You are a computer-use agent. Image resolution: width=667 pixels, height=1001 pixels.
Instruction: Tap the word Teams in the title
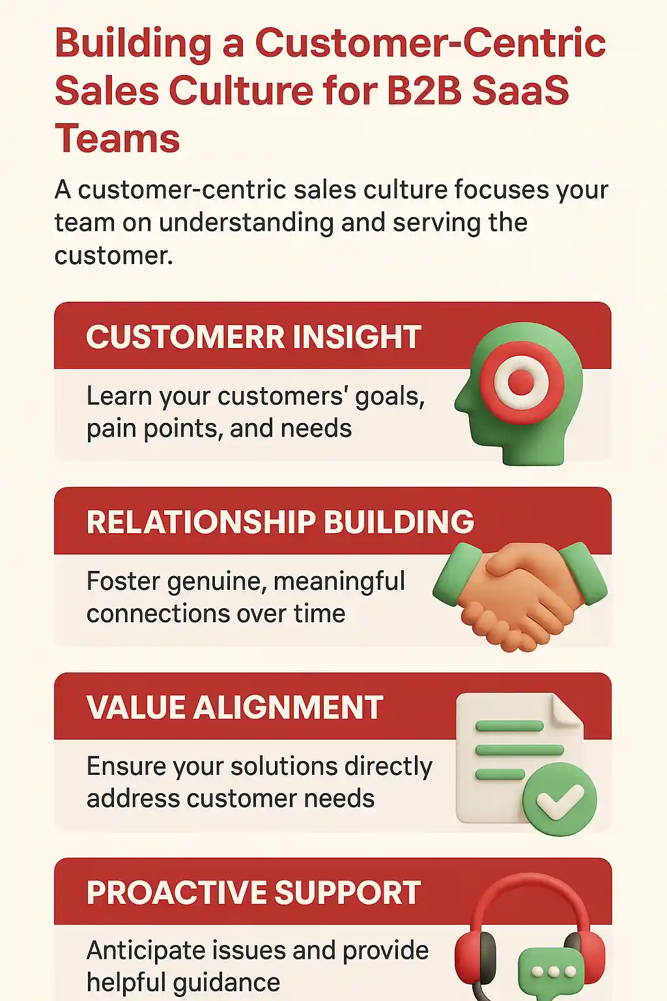pos(117,138)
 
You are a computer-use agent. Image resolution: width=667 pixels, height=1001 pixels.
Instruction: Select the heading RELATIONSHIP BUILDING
pos(280,521)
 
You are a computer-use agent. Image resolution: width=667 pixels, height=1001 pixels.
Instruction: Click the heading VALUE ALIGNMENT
pos(235,707)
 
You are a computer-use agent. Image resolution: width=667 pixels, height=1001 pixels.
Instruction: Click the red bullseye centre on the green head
pos(521,383)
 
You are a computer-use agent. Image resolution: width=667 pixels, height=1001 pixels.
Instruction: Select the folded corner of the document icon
pos(567,709)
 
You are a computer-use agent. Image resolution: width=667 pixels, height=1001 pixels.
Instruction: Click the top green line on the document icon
pos(509,726)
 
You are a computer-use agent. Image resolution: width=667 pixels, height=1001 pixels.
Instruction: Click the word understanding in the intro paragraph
pos(246,222)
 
